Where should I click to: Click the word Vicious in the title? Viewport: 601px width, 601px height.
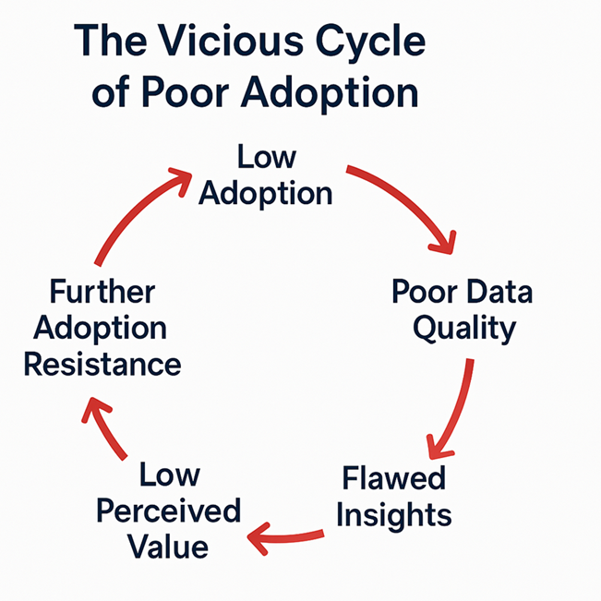pos(231,41)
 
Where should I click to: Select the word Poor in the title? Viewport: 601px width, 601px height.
pos(186,92)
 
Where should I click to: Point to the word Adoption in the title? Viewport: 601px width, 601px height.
pos(330,95)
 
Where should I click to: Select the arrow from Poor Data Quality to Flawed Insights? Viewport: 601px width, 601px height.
pos(457,412)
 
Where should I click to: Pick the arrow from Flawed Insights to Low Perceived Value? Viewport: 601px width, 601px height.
pos(285,537)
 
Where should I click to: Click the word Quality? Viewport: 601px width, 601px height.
pos(464,330)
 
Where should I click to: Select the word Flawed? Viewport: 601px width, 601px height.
pos(393,477)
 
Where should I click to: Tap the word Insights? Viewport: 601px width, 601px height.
pos(394,516)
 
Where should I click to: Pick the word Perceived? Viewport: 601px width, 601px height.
pos(168,511)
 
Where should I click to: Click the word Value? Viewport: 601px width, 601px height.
pos(168,547)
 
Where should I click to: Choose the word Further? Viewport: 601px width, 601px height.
pos(102,292)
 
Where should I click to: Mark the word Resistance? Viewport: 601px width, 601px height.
pos(102,364)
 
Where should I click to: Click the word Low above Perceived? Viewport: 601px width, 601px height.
pos(170,474)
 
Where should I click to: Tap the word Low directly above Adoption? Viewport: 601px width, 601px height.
pos(267,156)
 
